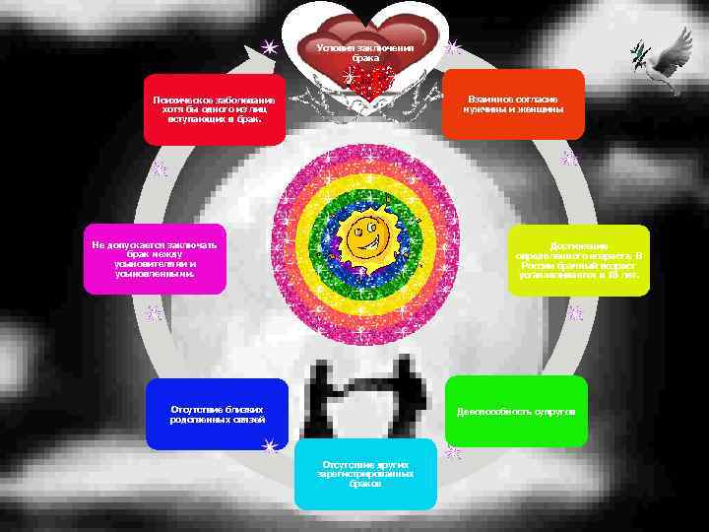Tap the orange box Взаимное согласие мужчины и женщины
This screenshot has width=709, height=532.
pos(513,104)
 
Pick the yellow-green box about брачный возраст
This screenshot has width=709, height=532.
pos(579,260)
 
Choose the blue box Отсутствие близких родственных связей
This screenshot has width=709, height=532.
pos(217,414)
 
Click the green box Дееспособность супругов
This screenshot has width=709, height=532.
pos(516,411)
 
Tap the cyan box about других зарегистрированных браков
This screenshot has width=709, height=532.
pos(365,474)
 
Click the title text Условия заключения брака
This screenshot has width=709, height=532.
pos(365,52)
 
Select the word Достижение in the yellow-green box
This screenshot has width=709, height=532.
pos(579,245)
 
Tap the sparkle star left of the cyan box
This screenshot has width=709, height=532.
pos(269,445)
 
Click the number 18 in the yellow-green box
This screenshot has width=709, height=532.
pos(613,275)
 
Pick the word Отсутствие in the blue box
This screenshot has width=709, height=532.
pos(190,407)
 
